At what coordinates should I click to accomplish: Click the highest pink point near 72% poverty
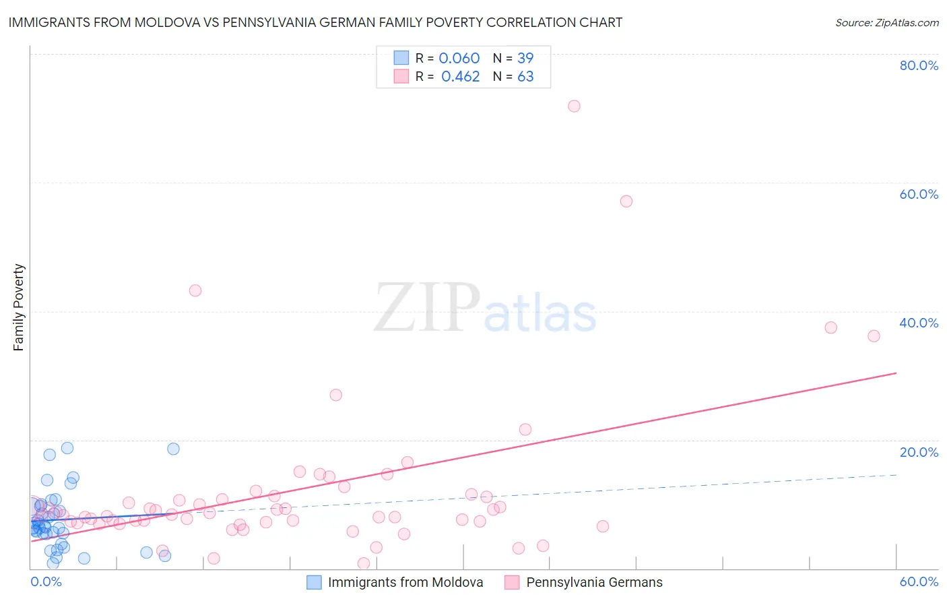[574, 106]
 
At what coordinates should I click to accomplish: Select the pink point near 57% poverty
[626, 201]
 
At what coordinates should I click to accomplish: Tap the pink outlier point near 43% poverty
[195, 290]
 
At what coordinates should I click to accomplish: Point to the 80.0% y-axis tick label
[919, 65]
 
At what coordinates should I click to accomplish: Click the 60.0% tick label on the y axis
[919, 194]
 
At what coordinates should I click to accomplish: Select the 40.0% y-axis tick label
[919, 323]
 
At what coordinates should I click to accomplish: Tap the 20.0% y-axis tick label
[919, 452]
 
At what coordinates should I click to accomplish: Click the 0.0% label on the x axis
[46, 582]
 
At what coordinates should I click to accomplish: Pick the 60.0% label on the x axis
[919, 582]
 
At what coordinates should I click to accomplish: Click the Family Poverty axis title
[19, 307]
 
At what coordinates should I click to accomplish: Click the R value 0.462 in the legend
[460, 77]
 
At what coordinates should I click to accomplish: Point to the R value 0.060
[459, 59]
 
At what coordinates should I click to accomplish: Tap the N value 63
[525, 77]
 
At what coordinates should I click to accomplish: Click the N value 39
[525, 59]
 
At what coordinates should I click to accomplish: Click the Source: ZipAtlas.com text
[886, 23]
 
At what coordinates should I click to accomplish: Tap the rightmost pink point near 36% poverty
[874, 336]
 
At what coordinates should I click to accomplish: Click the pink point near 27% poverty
[336, 395]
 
